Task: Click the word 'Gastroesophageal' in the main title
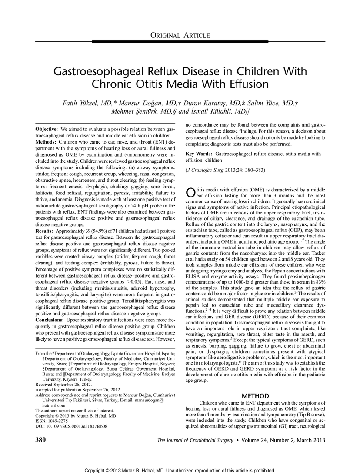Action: pyautogui.click(x=108, y=71)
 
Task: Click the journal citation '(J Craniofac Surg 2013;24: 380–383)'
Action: pyautogui.click(x=226, y=170)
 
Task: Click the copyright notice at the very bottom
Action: pyautogui.click(x=180, y=471)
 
